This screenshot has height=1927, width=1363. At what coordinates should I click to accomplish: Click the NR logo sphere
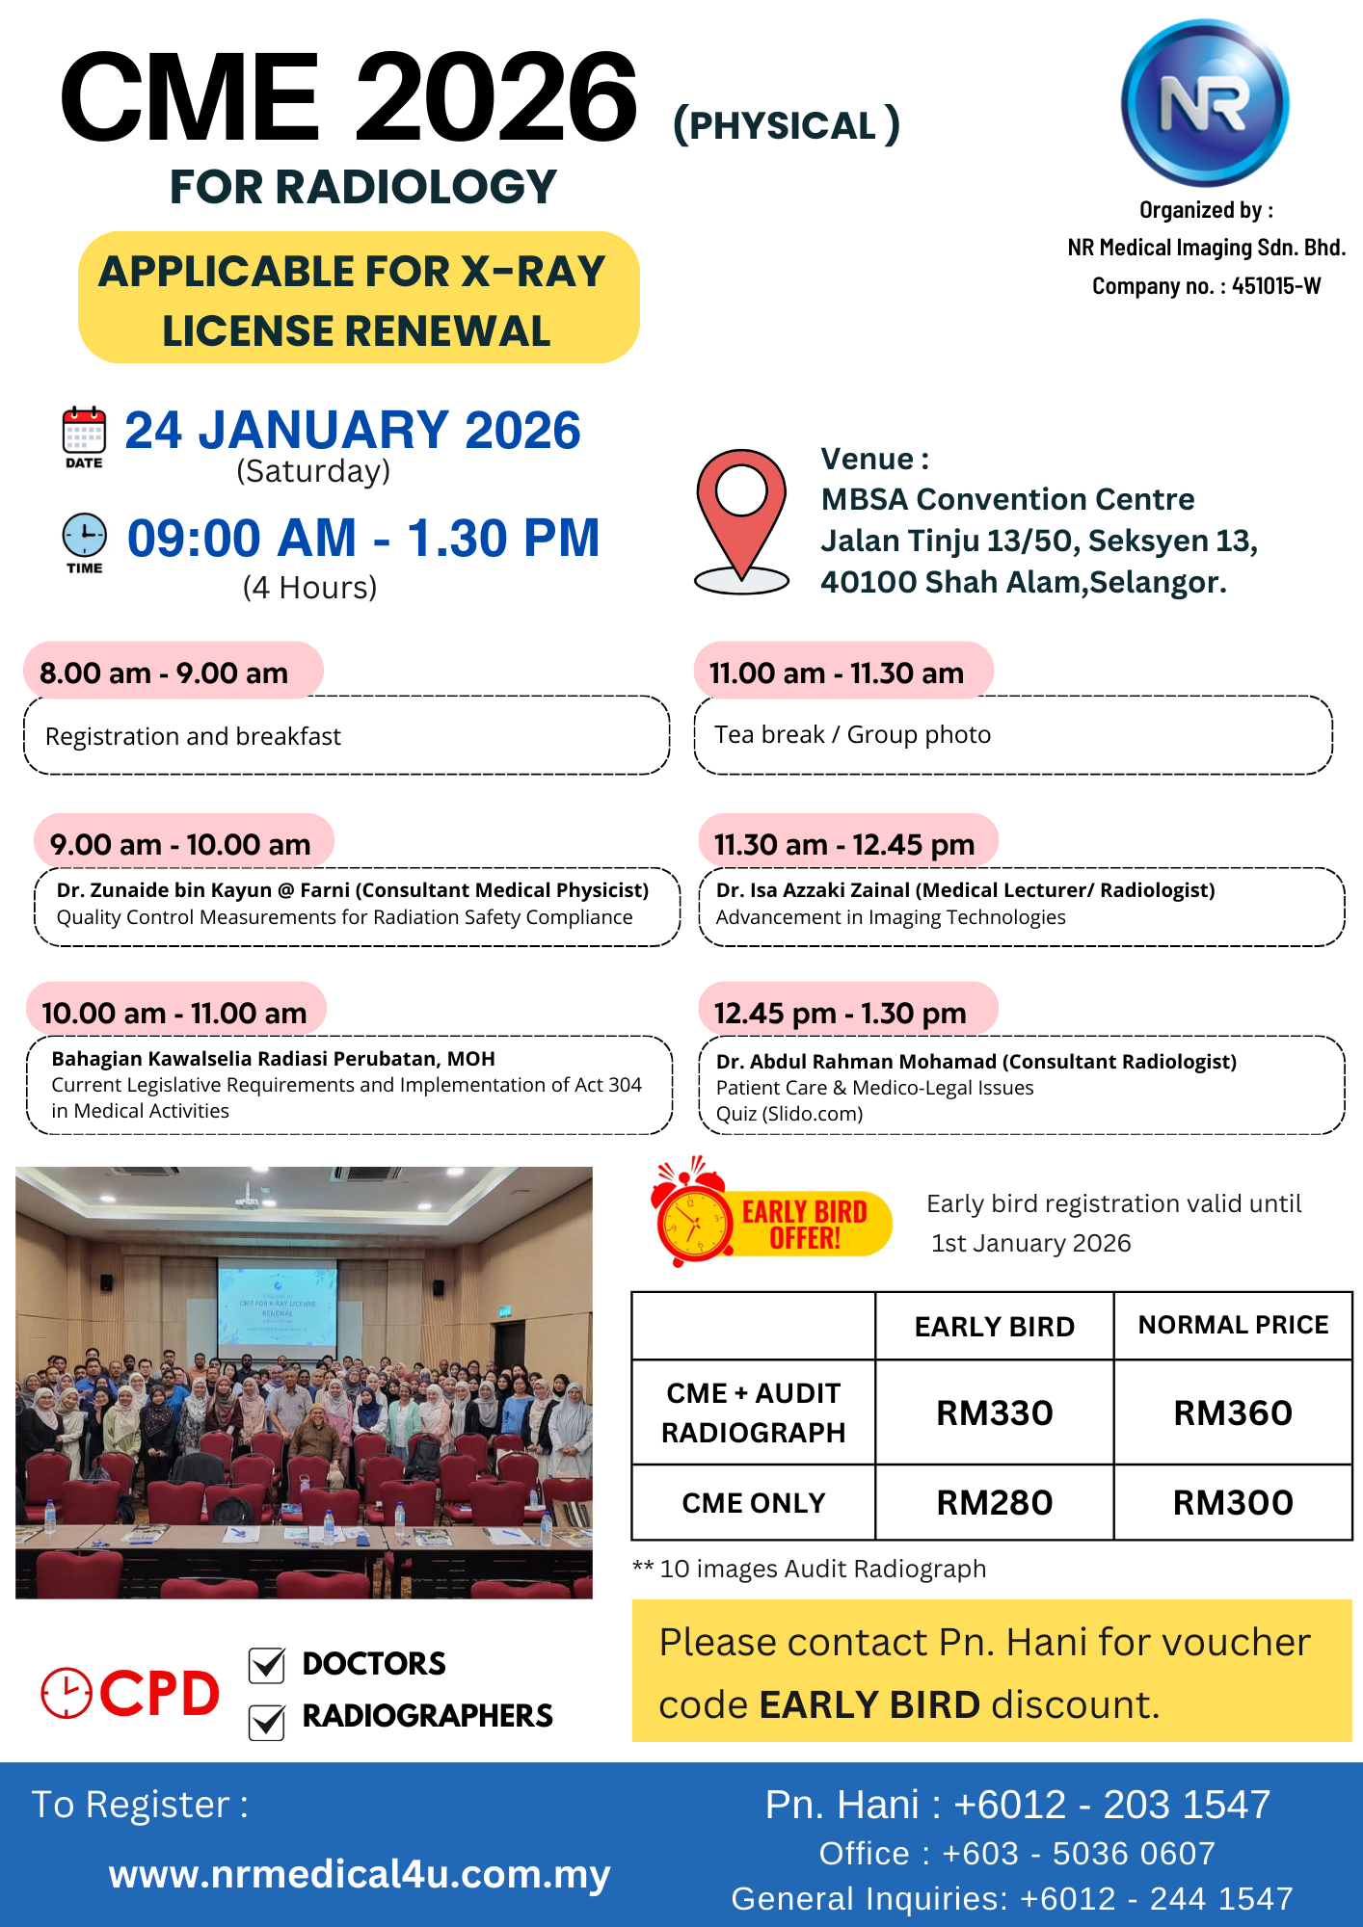1205,102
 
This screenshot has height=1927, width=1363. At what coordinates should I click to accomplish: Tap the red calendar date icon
84,431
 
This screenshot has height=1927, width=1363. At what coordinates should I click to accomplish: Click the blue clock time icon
85,535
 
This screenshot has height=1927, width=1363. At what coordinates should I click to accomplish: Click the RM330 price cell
995,1413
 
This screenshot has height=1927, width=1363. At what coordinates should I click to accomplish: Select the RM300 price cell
1233,1503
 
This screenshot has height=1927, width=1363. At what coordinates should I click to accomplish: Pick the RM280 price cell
995,1503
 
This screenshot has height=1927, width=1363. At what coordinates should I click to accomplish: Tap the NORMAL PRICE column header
1233,1326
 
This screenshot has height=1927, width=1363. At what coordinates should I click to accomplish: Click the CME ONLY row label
754,1503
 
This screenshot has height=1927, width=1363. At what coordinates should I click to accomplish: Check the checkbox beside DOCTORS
267,1665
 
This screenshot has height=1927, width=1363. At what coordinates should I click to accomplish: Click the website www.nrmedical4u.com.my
360,1875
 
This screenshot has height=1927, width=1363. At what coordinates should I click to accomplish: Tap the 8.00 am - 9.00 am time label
164,673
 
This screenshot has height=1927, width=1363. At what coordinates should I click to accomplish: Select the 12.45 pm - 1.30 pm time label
840,1014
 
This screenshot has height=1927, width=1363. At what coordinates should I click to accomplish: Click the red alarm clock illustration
692,1216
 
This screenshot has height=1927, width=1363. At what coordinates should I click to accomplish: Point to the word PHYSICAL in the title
783,126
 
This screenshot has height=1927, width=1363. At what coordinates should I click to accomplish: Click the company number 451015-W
1276,286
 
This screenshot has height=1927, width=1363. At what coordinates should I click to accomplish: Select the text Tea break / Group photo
852,735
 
